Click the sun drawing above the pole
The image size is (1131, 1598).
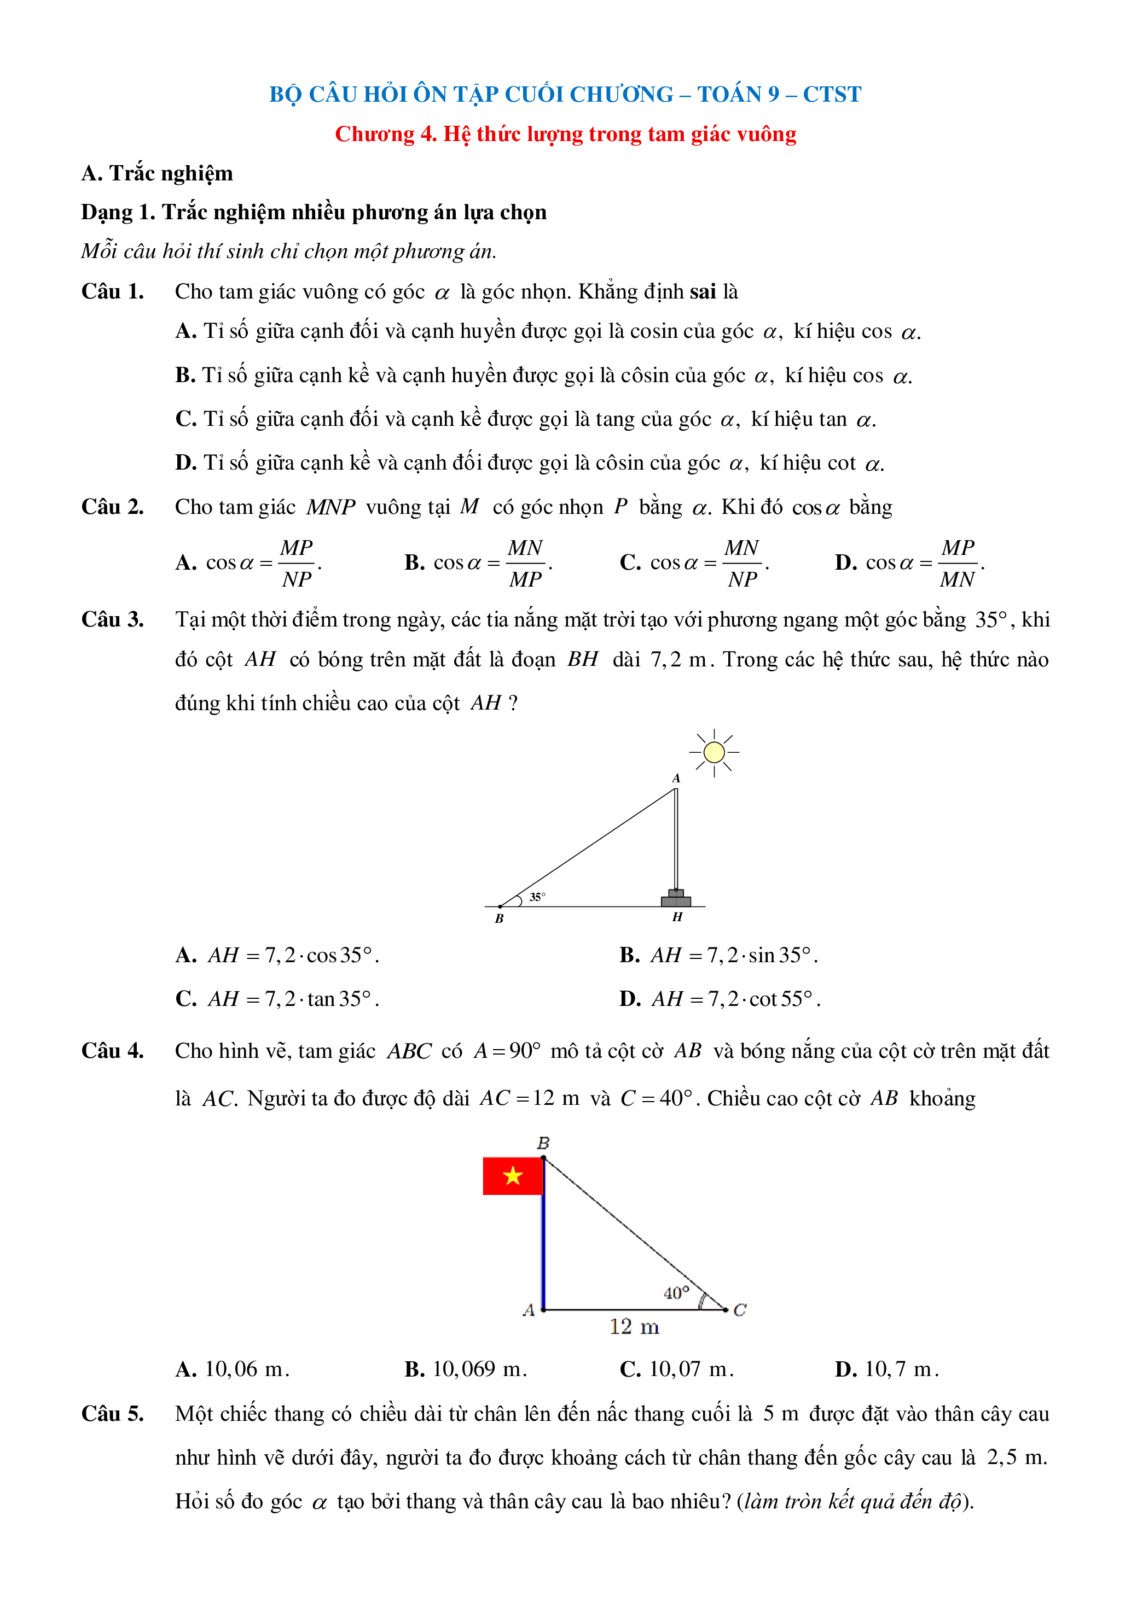(714, 752)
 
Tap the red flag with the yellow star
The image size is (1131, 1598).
(513, 1176)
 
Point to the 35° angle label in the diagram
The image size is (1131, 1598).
(537, 897)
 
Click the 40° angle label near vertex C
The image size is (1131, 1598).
(676, 1293)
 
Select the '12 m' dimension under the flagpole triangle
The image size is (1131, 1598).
(634, 1327)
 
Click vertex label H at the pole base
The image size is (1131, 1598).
(677, 917)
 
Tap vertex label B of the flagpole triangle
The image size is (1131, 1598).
(543, 1143)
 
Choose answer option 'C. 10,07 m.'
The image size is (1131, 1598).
(676, 1369)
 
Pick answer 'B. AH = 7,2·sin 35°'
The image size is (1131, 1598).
(719, 955)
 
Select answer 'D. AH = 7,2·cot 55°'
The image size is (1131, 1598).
(720, 999)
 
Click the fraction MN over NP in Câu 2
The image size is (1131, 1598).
(742, 563)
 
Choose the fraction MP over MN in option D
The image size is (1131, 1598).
(958, 563)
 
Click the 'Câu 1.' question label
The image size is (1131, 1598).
(113, 291)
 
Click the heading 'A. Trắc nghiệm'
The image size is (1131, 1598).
(158, 173)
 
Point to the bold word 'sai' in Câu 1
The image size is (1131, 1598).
(703, 291)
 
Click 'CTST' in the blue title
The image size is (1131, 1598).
(832, 94)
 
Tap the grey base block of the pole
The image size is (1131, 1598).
(676, 900)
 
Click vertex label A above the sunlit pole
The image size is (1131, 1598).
(676, 778)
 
